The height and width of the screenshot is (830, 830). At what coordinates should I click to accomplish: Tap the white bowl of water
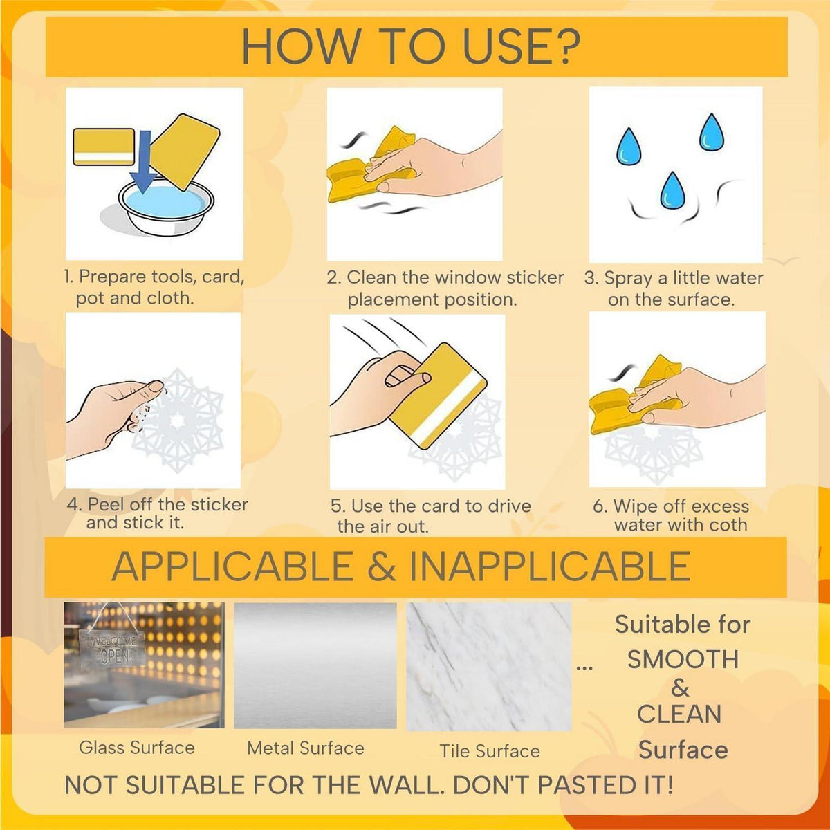click(x=167, y=207)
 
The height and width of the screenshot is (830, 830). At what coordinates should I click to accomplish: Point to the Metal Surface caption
click(x=306, y=748)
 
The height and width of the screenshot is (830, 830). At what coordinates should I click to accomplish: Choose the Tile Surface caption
click(x=489, y=751)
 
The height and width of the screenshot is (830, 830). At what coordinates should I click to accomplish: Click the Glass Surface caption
click(x=136, y=747)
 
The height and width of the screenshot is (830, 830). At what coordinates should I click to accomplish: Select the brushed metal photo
click(x=315, y=665)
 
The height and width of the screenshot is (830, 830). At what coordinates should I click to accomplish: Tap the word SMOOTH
click(x=683, y=659)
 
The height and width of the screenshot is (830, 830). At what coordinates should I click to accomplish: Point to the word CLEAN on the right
click(x=679, y=714)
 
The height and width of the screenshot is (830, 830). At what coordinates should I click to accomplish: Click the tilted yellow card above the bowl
click(x=185, y=151)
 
